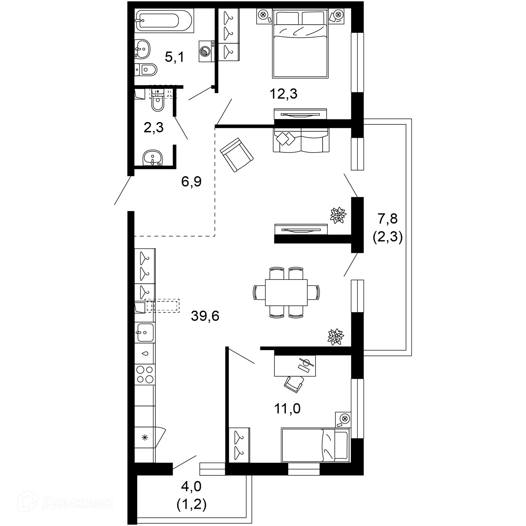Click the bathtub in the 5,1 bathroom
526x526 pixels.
(164, 21)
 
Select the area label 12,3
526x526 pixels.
(283, 94)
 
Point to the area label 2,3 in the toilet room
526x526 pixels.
(153, 128)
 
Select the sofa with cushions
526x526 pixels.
(301, 140)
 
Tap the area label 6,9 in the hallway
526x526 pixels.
(191, 182)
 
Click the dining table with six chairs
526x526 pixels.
(286, 292)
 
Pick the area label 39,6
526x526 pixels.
(205, 316)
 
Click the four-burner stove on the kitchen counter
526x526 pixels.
(145, 375)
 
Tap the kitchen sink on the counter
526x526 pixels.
(145, 332)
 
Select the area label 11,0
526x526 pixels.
(287, 408)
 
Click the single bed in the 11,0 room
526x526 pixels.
(315, 445)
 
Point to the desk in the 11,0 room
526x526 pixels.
(295, 366)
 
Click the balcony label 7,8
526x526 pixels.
(387, 219)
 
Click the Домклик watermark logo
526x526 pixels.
(66, 503)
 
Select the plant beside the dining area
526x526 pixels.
(335, 336)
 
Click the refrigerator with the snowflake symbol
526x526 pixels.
(145, 438)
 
